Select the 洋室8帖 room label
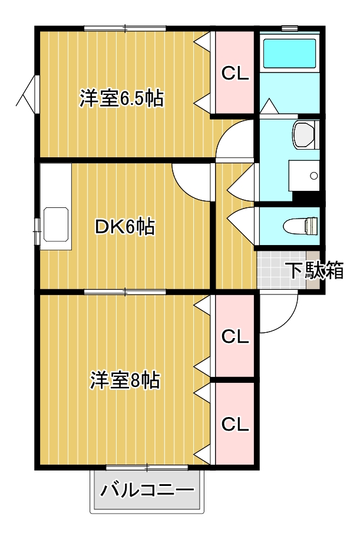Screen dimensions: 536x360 click(125, 381)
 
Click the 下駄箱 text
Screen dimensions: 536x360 click(315, 270)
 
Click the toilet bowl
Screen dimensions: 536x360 click(301, 226)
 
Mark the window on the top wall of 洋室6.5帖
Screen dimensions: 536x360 click(125, 28)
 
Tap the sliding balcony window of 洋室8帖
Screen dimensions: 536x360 click(147, 468)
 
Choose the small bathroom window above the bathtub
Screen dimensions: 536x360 click(289, 28)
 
